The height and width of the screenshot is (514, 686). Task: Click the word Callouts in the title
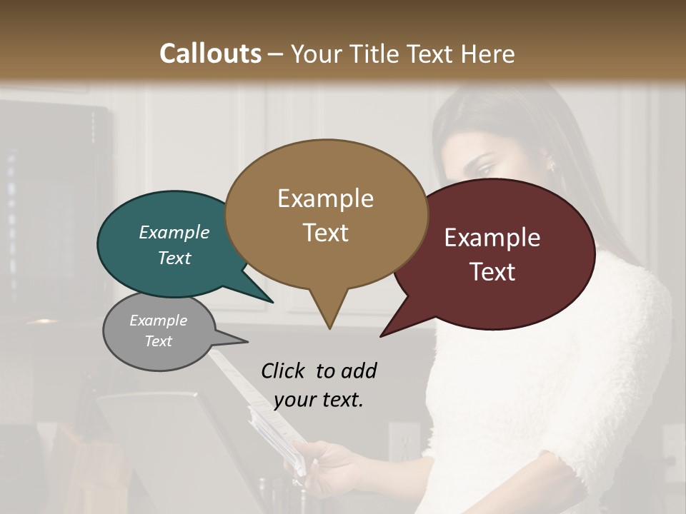210,54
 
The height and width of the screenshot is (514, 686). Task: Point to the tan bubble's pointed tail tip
329,328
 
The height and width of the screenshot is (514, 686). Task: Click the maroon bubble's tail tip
381,336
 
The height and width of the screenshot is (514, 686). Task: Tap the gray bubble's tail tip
247,342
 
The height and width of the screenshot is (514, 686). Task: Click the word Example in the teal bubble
174,233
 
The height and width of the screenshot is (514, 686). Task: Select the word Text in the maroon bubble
492,272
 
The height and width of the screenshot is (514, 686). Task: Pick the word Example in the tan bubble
325,198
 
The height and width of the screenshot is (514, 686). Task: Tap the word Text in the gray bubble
158,341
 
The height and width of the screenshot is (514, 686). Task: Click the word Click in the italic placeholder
284,371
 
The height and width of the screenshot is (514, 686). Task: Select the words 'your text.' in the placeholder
318,400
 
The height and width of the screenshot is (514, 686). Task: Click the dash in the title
277,54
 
